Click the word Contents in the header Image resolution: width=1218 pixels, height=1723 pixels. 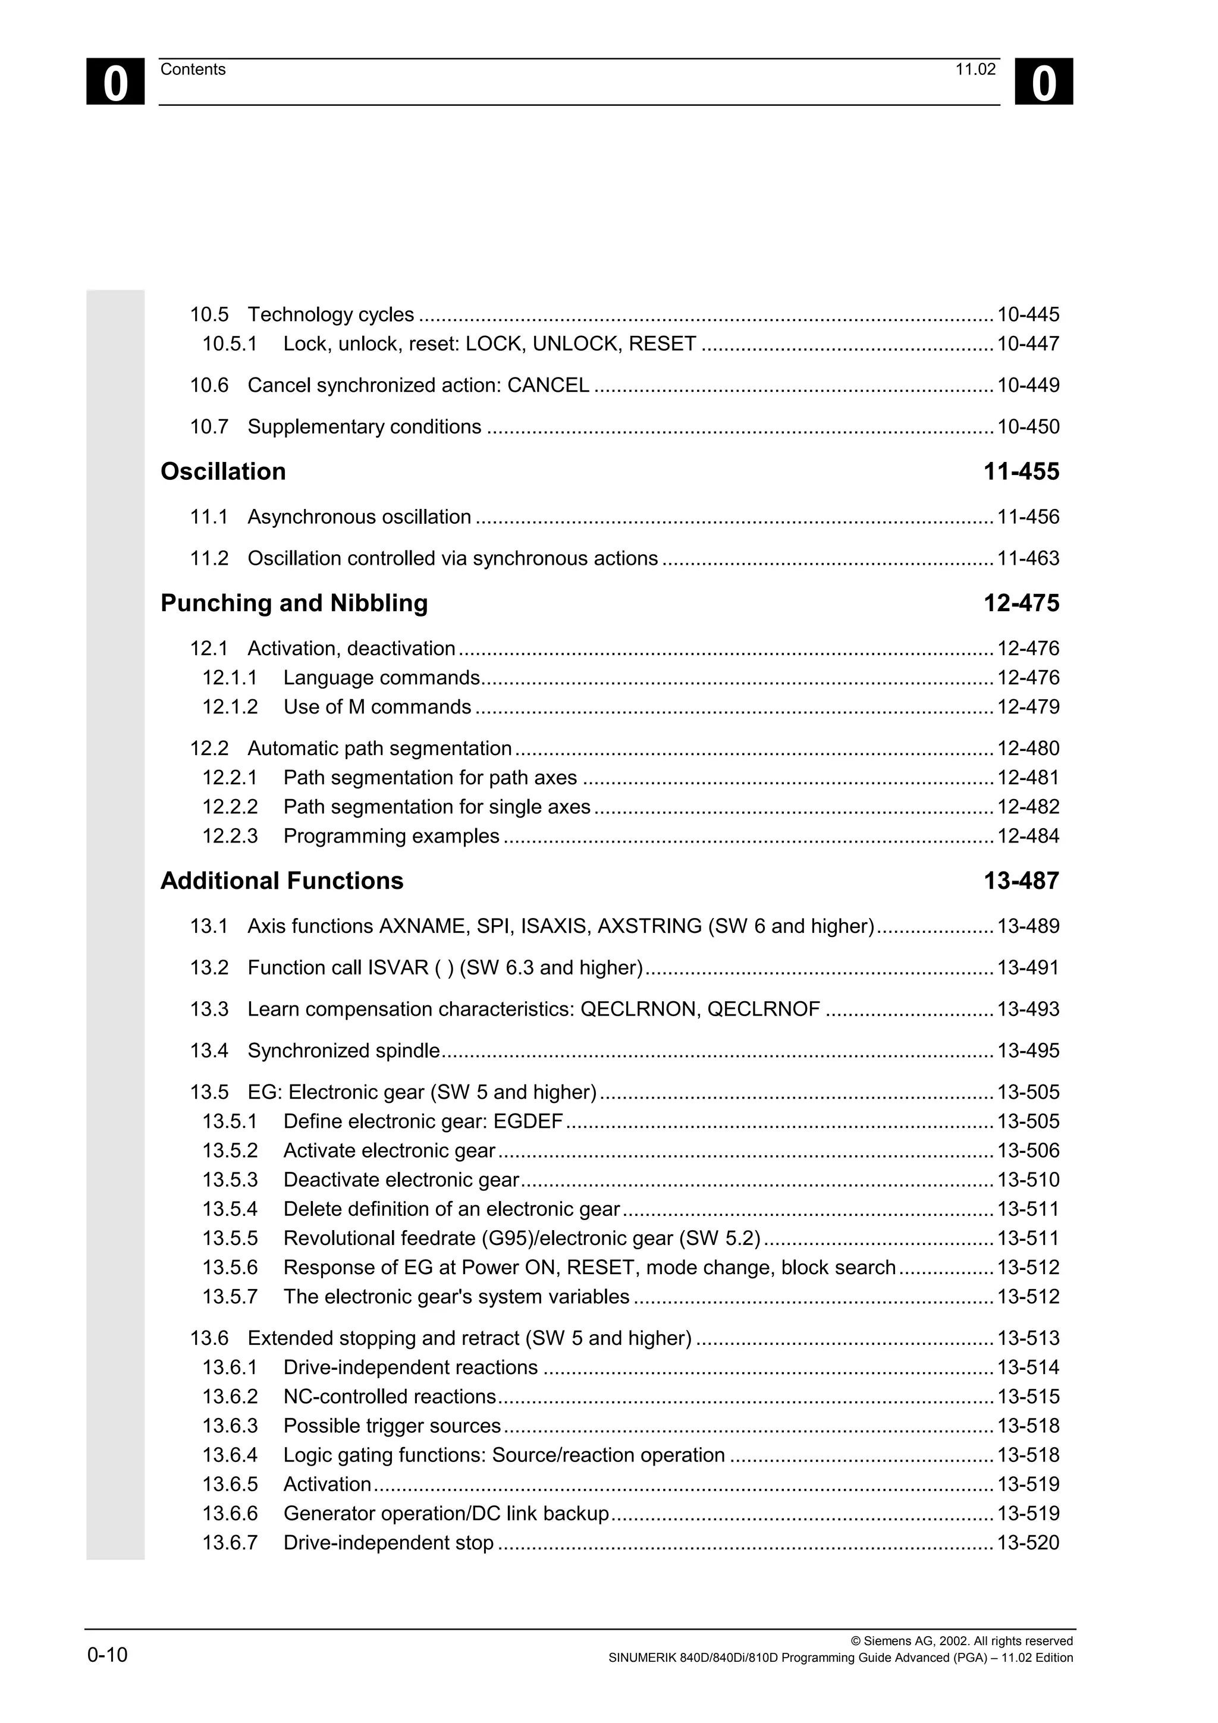point(193,70)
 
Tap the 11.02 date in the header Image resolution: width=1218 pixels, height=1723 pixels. point(975,70)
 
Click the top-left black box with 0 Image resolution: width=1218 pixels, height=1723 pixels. point(115,82)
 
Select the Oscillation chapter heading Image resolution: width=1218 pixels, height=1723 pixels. point(223,471)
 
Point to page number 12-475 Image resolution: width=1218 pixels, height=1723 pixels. point(1021,603)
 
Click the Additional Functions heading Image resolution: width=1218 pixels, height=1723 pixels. point(281,881)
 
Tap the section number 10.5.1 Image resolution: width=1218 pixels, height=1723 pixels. point(229,344)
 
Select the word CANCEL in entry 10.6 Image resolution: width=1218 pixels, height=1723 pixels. point(548,385)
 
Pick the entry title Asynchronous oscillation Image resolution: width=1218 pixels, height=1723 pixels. point(359,517)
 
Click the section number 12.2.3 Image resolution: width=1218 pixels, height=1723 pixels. point(229,836)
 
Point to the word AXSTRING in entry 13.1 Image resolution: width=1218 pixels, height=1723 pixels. point(649,926)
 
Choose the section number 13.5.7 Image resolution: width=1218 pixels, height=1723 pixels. point(229,1297)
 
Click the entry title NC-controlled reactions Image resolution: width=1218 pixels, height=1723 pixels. point(390,1397)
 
